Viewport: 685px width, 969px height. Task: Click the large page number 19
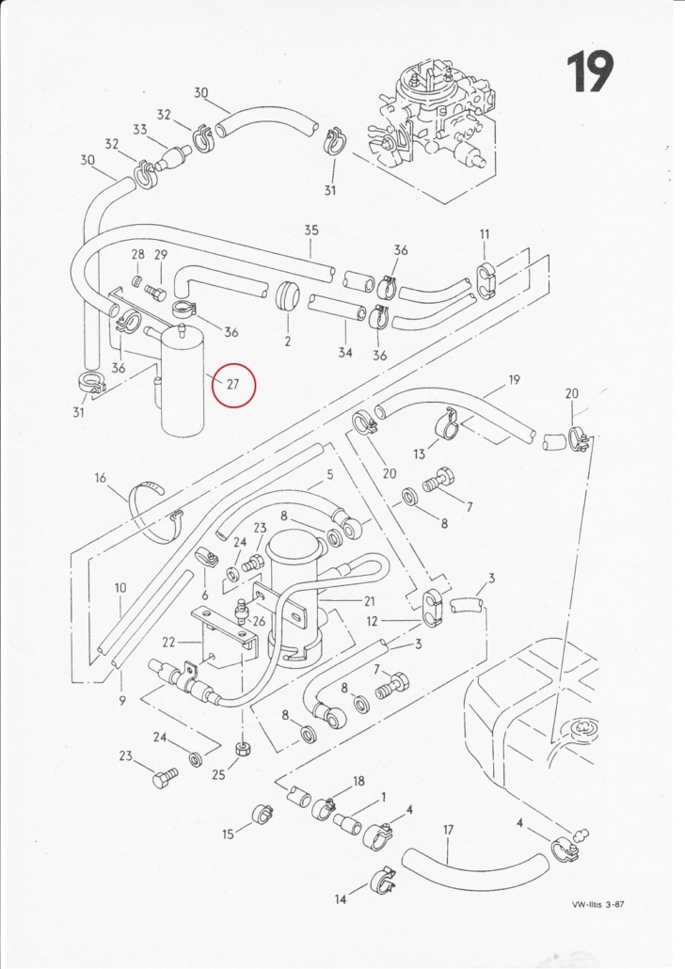point(590,71)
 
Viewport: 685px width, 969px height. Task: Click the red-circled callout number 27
point(233,384)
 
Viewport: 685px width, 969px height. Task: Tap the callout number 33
point(139,130)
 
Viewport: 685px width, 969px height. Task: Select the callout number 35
point(311,230)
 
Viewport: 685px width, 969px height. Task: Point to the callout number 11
point(485,233)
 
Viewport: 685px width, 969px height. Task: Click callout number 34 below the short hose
point(345,352)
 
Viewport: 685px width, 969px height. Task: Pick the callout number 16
point(101,479)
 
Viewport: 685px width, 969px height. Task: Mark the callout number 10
point(120,588)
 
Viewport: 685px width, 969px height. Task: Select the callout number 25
point(218,774)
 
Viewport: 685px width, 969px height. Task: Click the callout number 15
point(228,834)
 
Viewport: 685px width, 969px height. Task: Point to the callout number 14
point(341,899)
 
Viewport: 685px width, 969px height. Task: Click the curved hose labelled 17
point(474,869)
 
